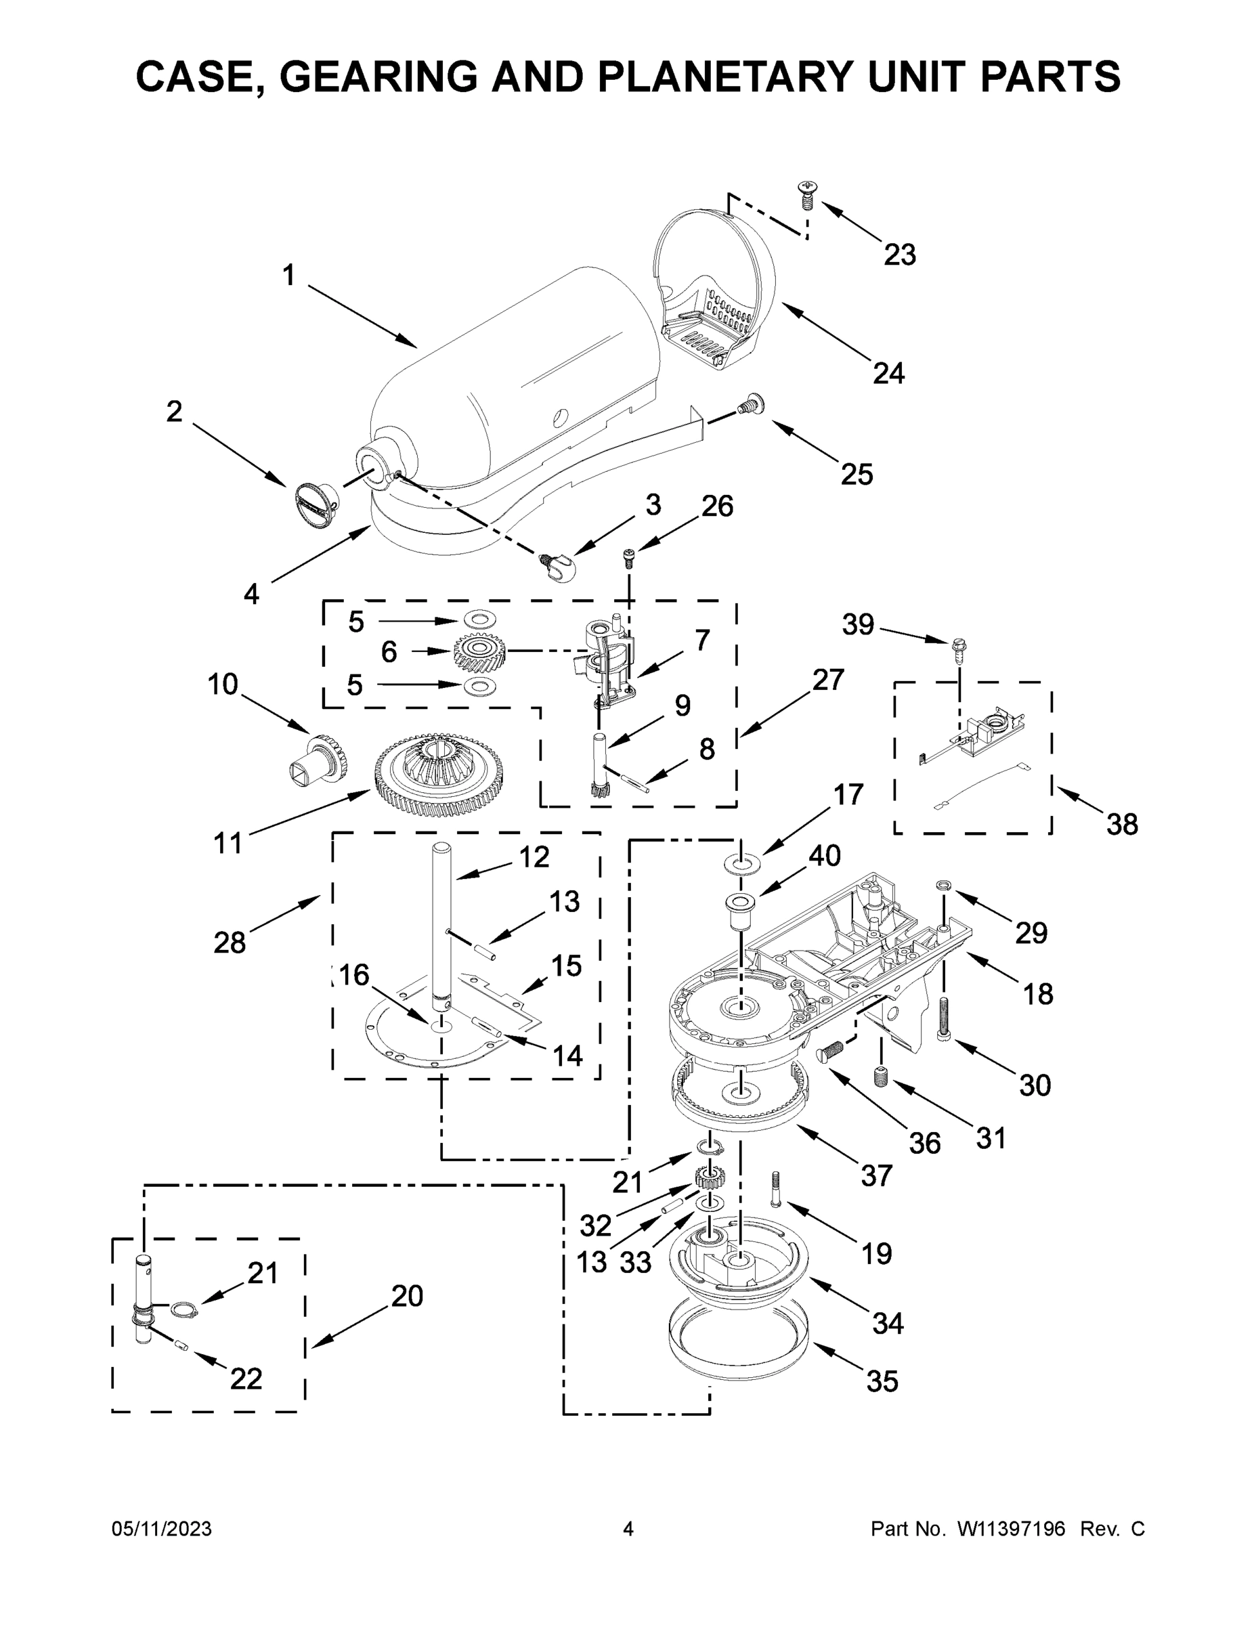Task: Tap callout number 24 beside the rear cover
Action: coord(888,373)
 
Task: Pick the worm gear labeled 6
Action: coord(480,651)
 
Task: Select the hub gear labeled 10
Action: coord(319,759)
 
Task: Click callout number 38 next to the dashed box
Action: coord(1121,825)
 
